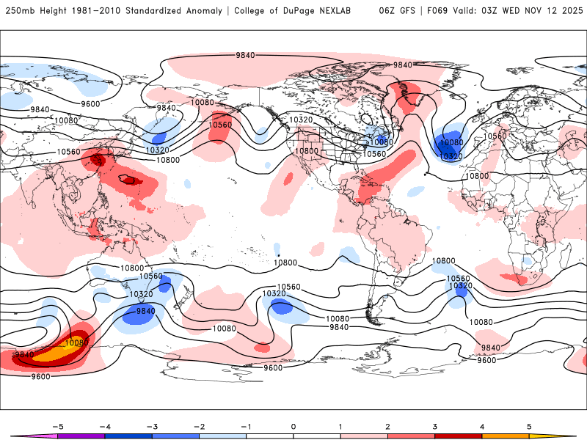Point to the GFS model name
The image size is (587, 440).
click(x=405, y=11)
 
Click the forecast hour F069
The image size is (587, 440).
click(x=435, y=11)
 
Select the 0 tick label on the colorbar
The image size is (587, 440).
click(x=293, y=425)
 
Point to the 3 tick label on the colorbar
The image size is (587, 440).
click(x=435, y=425)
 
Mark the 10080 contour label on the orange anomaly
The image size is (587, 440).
click(x=77, y=342)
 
